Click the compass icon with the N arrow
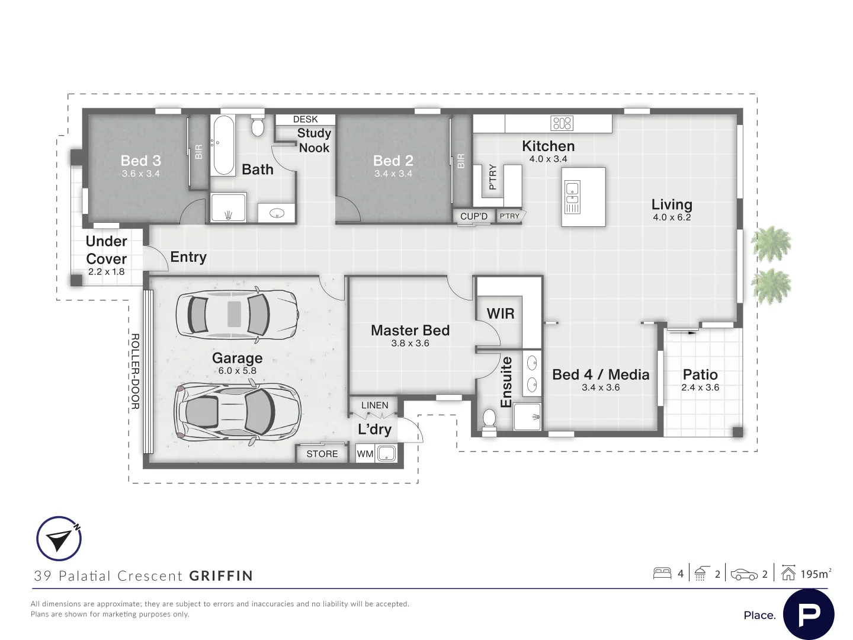(x=59, y=538)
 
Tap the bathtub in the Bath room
(x=223, y=145)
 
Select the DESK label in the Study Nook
(x=306, y=119)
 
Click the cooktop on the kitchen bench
(x=562, y=123)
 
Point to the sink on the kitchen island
(x=572, y=197)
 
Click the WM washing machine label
(x=365, y=453)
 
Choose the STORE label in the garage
(x=322, y=454)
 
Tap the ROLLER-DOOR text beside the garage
(x=135, y=371)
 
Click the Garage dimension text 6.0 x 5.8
(x=237, y=371)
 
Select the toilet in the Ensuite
(x=489, y=421)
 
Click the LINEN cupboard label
(x=374, y=405)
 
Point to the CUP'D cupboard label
(x=474, y=216)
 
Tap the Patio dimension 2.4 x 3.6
(x=700, y=388)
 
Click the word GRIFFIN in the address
(x=222, y=575)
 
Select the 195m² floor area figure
(x=815, y=574)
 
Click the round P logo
(x=809, y=615)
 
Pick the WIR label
(x=501, y=313)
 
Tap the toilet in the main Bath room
(x=257, y=125)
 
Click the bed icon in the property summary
(x=662, y=573)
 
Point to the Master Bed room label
(x=410, y=330)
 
